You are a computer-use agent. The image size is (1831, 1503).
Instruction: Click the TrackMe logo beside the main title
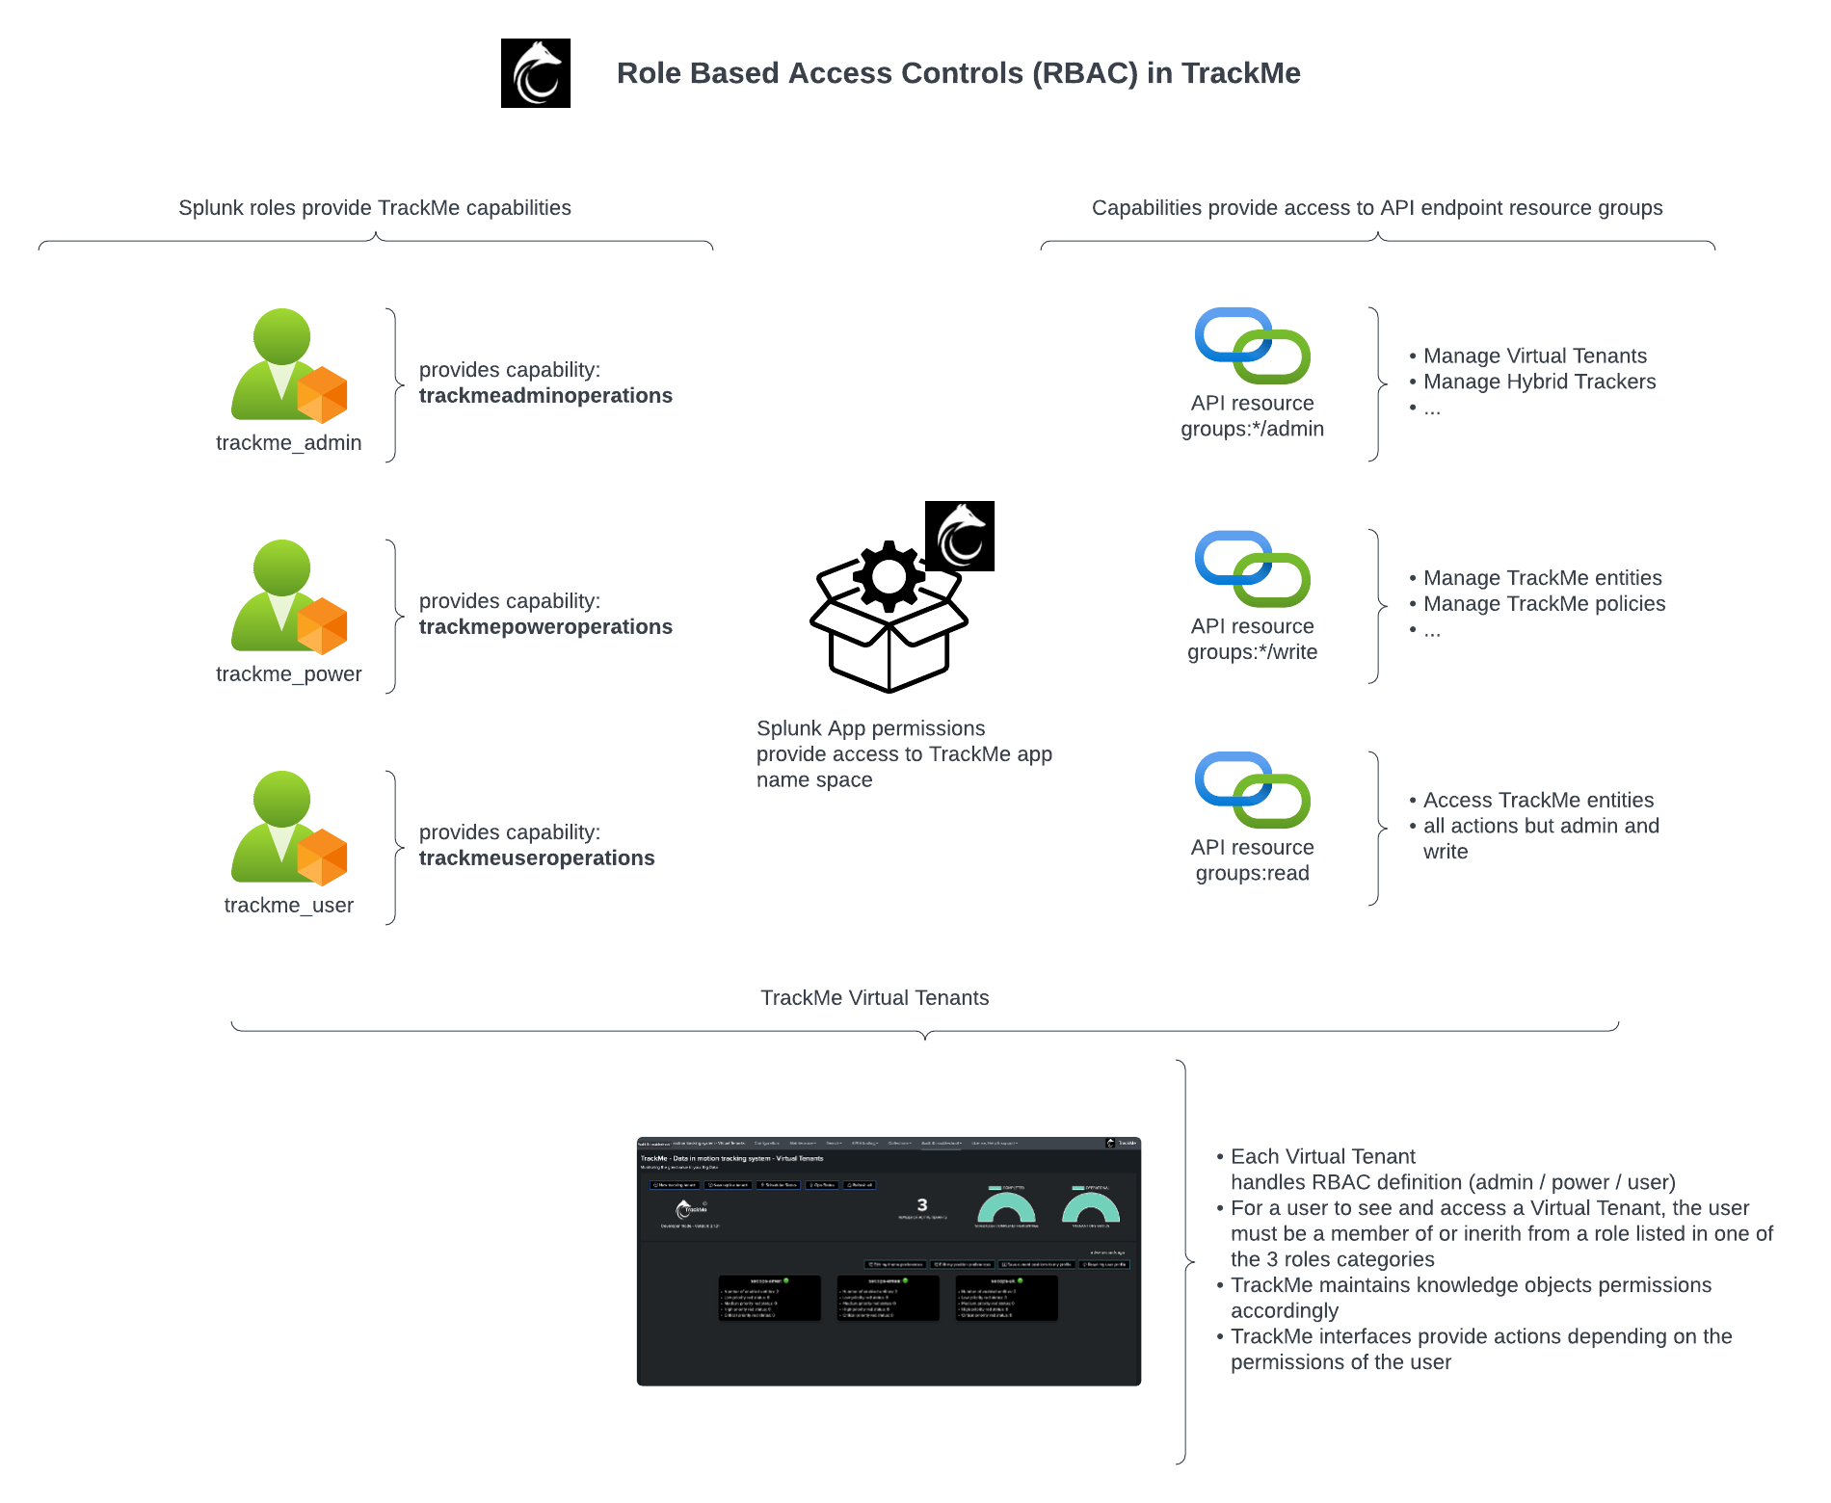pyautogui.click(x=536, y=73)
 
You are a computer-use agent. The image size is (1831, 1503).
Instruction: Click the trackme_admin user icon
pyautogui.click(x=288, y=366)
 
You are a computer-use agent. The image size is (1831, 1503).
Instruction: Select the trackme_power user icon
pyautogui.click(x=288, y=597)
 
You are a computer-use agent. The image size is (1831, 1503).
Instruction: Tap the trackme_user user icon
pyautogui.click(x=288, y=829)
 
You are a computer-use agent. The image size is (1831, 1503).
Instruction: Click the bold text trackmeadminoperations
pyautogui.click(x=545, y=396)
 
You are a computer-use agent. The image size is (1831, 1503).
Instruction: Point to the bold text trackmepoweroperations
pyautogui.click(x=545, y=627)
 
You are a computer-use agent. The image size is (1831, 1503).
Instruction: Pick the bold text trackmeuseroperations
pyautogui.click(x=537, y=858)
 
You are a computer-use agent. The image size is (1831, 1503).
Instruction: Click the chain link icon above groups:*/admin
pyautogui.click(x=1252, y=346)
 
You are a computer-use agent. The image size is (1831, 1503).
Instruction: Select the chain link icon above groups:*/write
pyautogui.click(x=1252, y=568)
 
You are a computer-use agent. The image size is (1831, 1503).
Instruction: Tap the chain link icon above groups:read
pyautogui.click(x=1252, y=790)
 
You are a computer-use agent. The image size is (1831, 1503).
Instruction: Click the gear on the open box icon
pyautogui.click(x=889, y=577)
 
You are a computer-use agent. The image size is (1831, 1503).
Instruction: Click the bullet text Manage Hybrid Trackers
pyautogui.click(x=1539, y=382)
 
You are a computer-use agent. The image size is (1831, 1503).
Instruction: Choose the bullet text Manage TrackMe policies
pyautogui.click(x=1544, y=604)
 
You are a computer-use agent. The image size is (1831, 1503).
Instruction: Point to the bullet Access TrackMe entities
pyautogui.click(x=1538, y=801)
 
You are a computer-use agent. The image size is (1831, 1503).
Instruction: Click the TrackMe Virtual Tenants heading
pyautogui.click(x=874, y=998)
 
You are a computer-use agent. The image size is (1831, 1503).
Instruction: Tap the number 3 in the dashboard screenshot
pyautogui.click(x=922, y=1205)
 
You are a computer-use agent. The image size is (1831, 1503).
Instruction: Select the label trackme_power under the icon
pyautogui.click(x=288, y=674)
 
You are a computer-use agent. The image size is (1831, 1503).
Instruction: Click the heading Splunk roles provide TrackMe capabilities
pyautogui.click(x=375, y=208)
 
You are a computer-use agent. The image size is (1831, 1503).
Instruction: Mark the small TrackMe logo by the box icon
pyautogui.click(x=960, y=536)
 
